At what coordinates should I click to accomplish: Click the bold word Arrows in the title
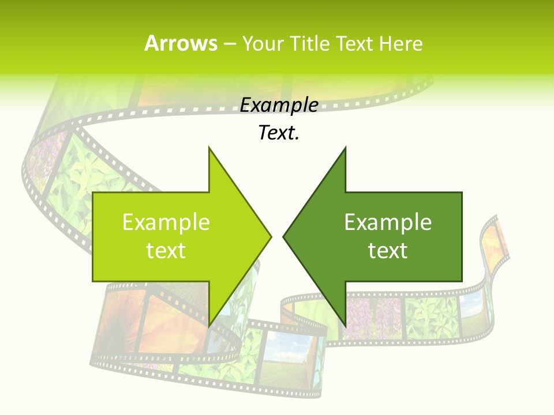181,43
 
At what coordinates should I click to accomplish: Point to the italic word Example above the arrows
279,105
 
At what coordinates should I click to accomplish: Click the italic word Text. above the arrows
279,133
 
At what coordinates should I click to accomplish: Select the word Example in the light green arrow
166,222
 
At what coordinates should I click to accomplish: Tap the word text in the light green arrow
166,250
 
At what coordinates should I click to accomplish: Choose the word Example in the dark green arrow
388,222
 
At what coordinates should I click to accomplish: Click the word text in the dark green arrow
388,250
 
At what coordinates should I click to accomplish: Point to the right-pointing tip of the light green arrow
271,236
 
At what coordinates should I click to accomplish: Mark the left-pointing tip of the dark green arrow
283,236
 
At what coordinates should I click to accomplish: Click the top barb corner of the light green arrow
209,148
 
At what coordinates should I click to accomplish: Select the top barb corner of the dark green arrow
345,148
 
